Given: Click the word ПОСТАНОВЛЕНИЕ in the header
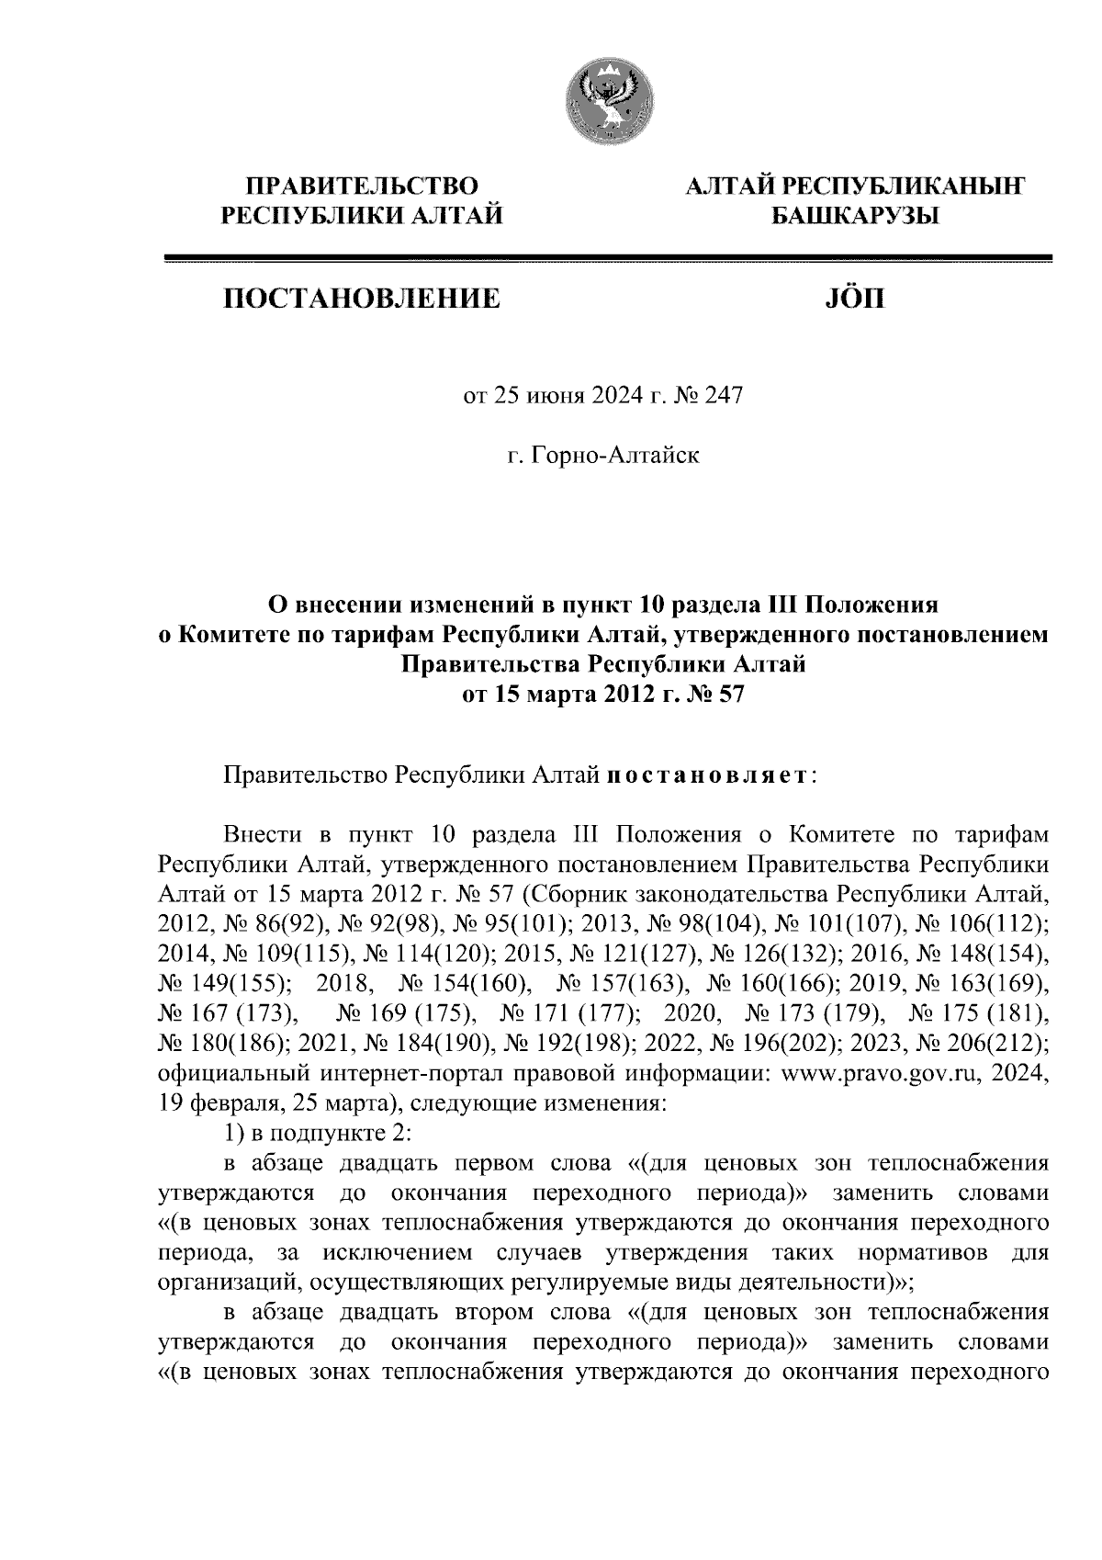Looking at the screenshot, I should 359,299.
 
